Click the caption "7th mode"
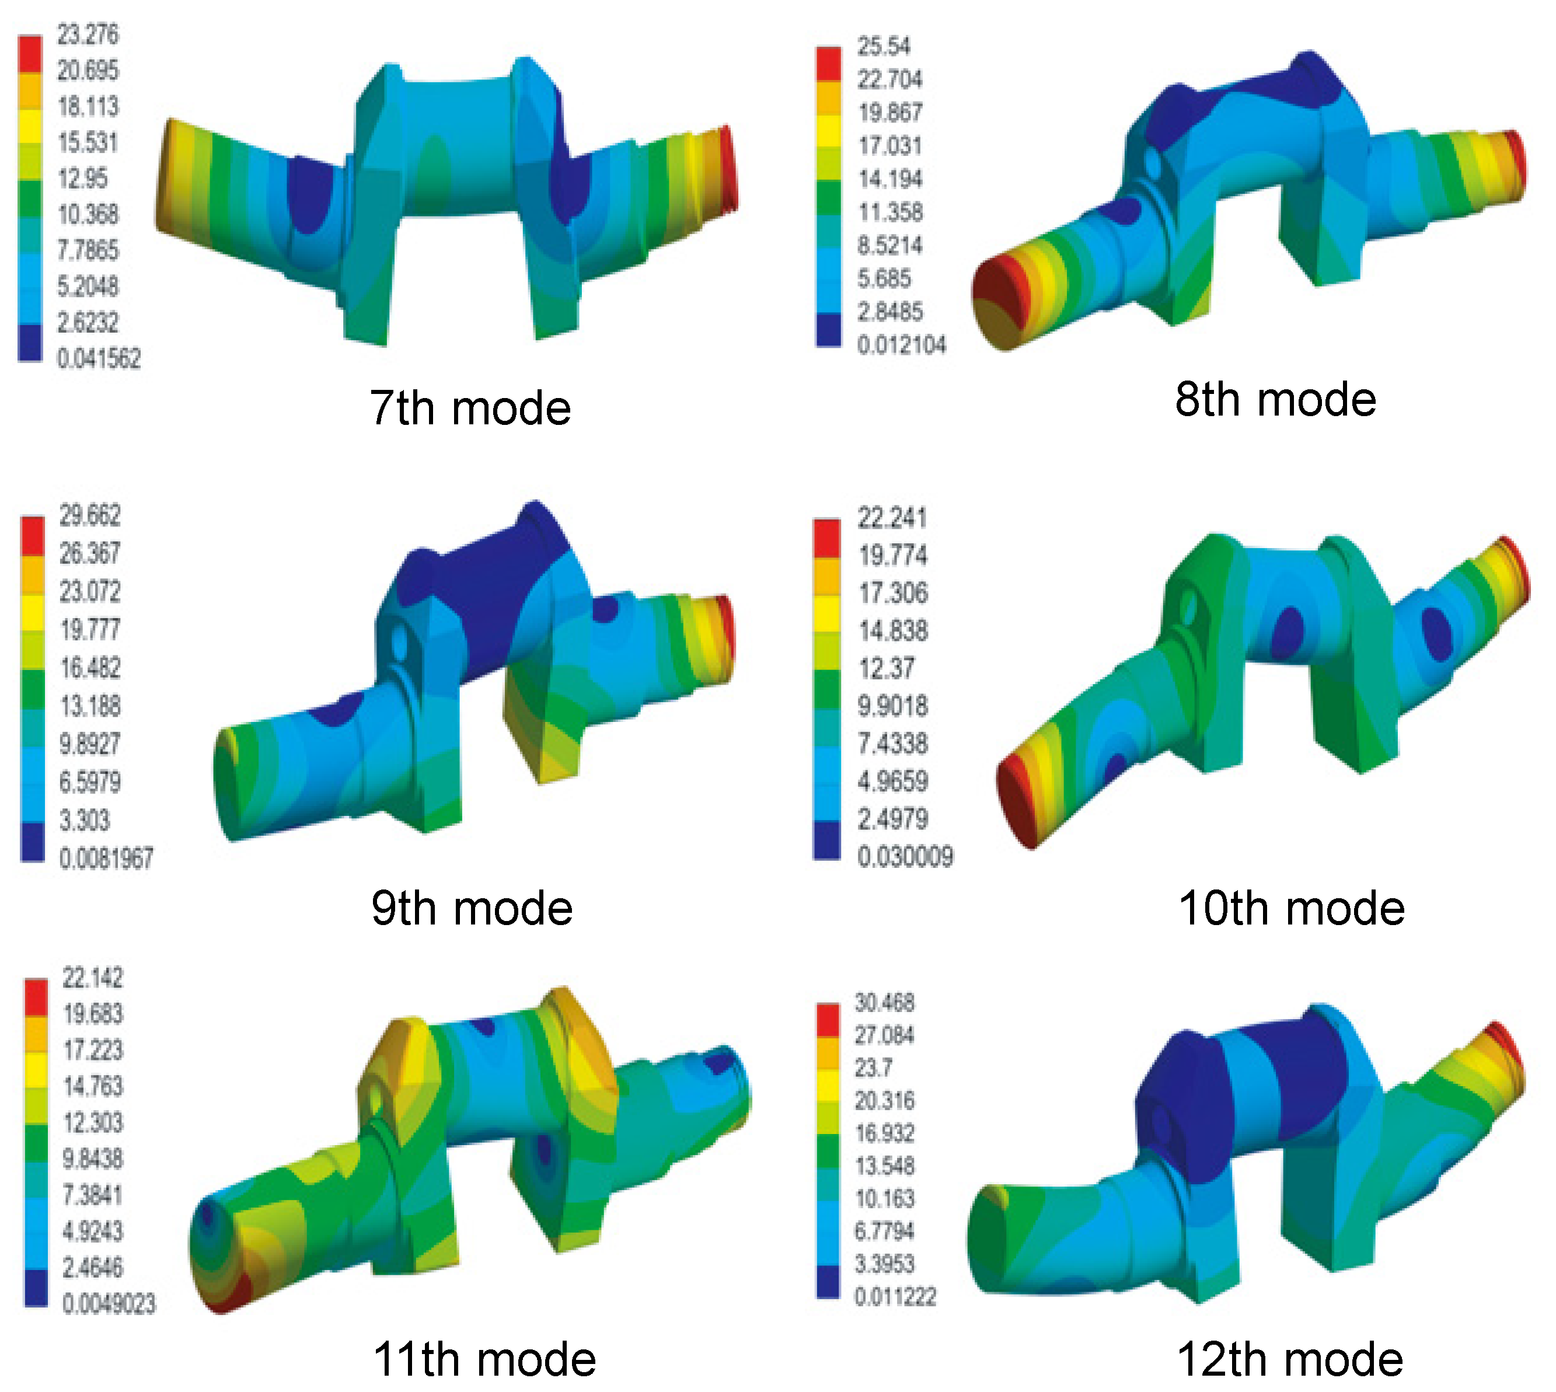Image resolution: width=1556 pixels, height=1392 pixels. (470, 407)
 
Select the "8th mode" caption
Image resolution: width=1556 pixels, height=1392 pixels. (1275, 399)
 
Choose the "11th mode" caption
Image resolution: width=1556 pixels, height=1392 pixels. (484, 1359)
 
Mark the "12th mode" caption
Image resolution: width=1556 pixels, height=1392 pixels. (1290, 1359)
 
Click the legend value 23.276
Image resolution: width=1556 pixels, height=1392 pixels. (88, 34)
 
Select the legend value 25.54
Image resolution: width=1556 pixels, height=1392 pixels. (884, 46)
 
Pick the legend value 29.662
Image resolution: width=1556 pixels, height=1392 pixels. (90, 515)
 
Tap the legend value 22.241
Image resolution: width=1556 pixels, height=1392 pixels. (892, 518)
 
